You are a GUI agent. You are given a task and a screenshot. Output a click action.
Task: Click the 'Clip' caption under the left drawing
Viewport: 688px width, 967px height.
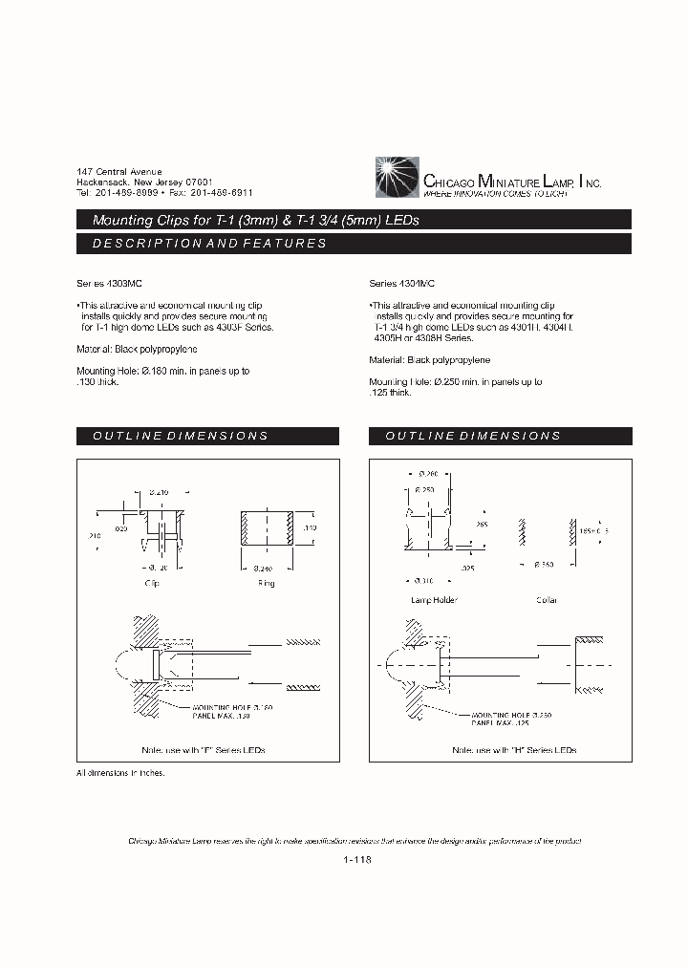pos(151,583)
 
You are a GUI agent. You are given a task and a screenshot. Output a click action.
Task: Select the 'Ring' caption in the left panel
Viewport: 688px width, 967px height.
pos(266,583)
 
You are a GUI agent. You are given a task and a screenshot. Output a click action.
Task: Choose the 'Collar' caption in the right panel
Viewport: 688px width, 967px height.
pos(547,600)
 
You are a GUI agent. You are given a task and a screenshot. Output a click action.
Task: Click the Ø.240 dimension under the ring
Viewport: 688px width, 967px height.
pos(266,569)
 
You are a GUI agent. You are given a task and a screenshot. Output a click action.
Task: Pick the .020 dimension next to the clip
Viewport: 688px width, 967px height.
pos(120,527)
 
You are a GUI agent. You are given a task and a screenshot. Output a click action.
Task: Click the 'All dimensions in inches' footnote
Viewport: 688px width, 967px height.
pos(120,772)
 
